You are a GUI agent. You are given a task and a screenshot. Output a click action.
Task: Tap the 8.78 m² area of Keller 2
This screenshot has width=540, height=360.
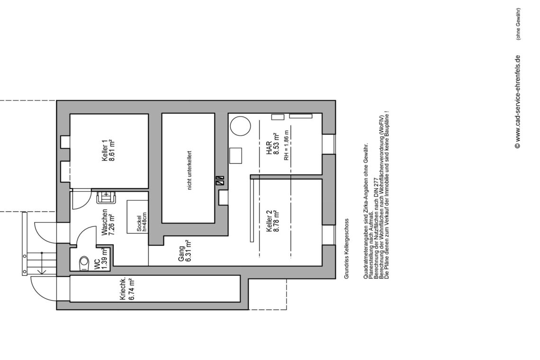pyautogui.click(x=276, y=221)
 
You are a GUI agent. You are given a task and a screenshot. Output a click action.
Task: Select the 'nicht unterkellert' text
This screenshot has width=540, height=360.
pyautogui.click(x=189, y=171)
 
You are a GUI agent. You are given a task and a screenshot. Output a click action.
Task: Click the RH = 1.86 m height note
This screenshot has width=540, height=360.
pyautogui.click(x=287, y=145)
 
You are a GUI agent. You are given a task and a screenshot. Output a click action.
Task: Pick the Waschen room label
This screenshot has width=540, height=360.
pyautogui.click(x=104, y=223)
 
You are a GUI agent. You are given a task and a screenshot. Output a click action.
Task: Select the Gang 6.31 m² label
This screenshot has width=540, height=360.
pyautogui.click(x=185, y=251)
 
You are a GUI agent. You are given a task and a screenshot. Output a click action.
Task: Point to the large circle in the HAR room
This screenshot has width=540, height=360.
pyautogui.click(x=240, y=126)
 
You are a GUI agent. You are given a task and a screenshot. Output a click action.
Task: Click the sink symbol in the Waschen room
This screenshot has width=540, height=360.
pyautogui.click(x=106, y=198)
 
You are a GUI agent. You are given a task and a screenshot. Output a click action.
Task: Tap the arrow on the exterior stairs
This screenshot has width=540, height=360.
pyautogui.click(x=42, y=263)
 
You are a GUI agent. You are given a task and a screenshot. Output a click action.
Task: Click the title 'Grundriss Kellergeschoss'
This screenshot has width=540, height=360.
pyautogui.click(x=347, y=249)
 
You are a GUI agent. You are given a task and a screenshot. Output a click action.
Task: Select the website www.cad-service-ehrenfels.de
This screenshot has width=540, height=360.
pyautogui.click(x=517, y=102)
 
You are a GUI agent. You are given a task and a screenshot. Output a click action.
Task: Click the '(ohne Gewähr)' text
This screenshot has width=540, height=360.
pyautogui.click(x=518, y=24)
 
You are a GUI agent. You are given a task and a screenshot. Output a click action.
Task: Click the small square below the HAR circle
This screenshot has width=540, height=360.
pyautogui.click(x=236, y=156)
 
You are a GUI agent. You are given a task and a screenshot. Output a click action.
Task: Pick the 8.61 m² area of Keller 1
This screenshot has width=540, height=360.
pyautogui.click(x=112, y=151)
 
